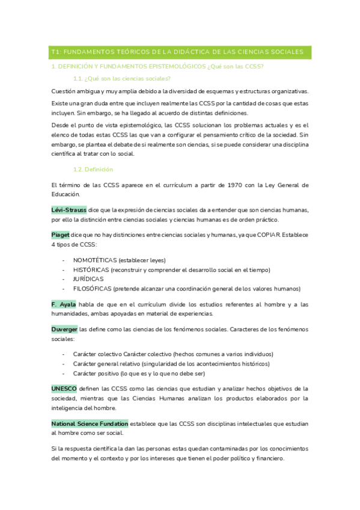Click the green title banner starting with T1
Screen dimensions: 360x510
coord(180,52)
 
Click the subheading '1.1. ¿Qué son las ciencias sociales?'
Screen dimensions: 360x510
coord(121,79)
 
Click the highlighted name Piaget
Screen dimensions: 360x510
coord(60,234)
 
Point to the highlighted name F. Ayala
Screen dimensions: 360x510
coord(64,304)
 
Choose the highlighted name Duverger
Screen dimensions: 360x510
coord(64,329)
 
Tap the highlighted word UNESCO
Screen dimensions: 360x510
coord(64,389)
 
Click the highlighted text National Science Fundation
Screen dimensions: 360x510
coord(90,423)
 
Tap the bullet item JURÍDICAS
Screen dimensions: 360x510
coord(88,279)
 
